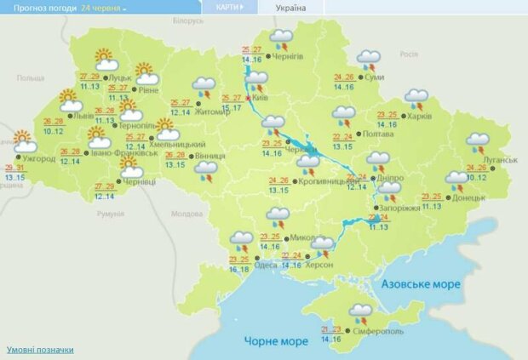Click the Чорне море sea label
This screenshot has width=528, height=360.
pos(275,341)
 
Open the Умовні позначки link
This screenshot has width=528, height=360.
pos(40,350)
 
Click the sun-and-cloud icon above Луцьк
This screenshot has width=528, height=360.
pos(105,59)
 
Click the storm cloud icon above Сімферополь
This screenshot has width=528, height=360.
pos(360,312)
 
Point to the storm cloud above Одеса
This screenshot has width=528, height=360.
pos(242,239)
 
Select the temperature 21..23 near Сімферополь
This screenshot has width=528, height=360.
pos(333,329)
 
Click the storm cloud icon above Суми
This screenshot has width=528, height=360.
pos(369,59)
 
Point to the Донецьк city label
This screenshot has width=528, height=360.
pos(468,197)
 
